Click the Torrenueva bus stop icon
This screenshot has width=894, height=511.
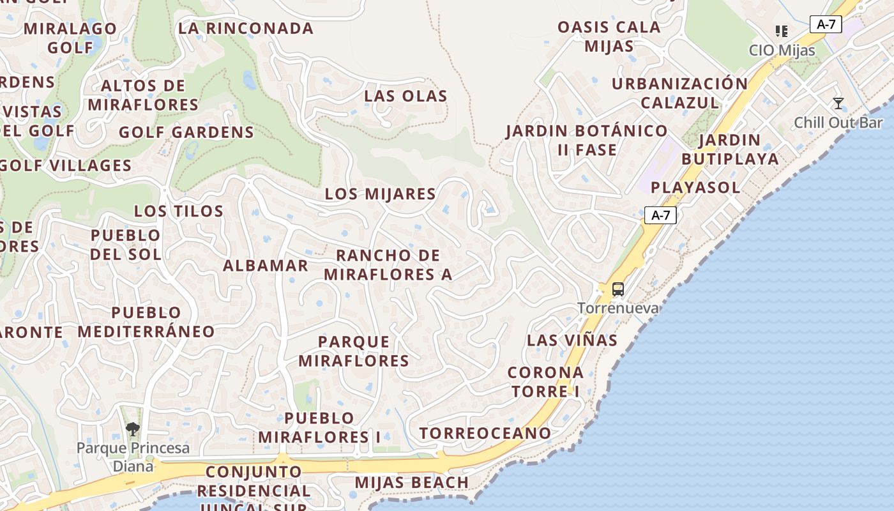click(617, 289)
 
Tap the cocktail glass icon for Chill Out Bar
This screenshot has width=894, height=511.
click(838, 103)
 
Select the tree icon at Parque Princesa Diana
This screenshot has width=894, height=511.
click(133, 429)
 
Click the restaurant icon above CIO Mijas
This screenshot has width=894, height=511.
click(781, 31)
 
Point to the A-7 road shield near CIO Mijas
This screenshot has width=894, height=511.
click(826, 24)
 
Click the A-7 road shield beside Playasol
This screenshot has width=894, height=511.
click(660, 215)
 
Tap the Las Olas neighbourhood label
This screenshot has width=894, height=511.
click(405, 96)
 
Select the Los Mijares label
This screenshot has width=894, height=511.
click(380, 194)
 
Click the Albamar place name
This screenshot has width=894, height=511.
click(265, 266)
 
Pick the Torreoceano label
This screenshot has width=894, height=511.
click(485, 433)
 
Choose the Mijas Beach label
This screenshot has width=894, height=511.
click(411, 482)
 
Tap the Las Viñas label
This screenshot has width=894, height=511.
click(572, 340)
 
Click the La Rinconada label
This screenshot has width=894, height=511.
click(246, 29)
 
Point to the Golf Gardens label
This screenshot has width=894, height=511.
click(186, 133)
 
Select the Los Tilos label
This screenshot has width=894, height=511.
click(178, 211)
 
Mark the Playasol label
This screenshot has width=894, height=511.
click(695, 188)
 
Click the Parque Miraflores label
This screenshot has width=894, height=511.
click(354, 351)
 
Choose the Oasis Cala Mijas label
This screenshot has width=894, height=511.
click(609, 36)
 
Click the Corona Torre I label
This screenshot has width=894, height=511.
click(545, 382)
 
